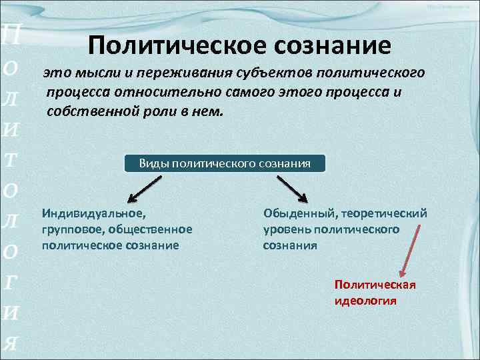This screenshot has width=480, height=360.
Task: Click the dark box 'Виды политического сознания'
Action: (x=225, y=163)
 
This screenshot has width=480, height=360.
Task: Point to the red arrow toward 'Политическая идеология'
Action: (x=410, y=251)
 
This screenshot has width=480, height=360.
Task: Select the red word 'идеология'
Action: (x=365, y=301)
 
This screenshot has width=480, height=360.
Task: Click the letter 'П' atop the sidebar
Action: (x=12, y=33)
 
